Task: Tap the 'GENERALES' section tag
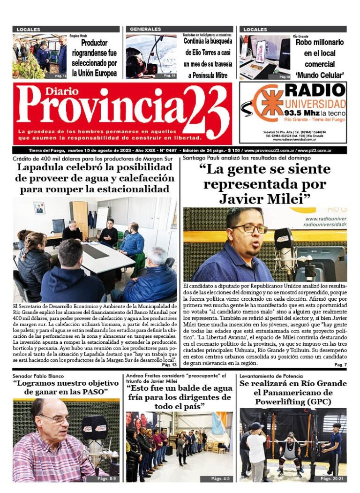[145, 29]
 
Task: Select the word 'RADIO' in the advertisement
[315, 90]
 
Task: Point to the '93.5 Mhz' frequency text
[301, 113]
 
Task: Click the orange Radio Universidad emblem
[269, 102]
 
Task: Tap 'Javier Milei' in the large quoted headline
[265, 199]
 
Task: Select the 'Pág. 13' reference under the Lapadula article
[169, 364]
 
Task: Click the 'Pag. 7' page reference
[340, 364]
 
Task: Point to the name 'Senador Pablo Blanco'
[38, 376]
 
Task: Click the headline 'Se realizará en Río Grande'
[293, 384]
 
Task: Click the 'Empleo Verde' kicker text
[78, 36]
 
